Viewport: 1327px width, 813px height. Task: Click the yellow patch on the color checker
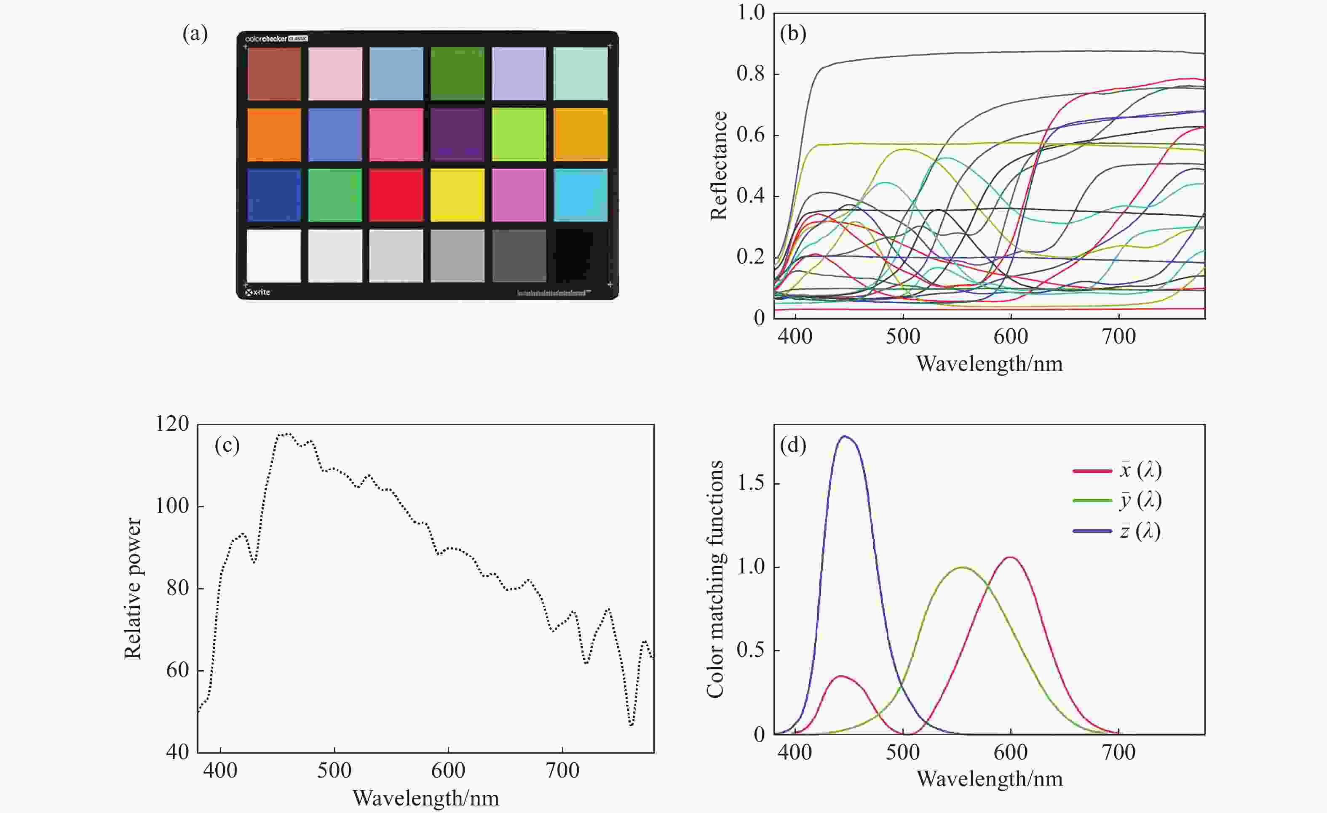pos(457,195)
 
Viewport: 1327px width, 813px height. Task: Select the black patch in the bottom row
pos(580,256)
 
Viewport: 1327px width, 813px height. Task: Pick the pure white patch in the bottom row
pos(273,256)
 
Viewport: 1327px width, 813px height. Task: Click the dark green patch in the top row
pos(457,74)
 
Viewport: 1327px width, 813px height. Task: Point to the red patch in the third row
pos(396,195)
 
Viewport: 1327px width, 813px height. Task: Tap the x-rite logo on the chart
pos(258,292)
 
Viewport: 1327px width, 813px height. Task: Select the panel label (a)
pos(195,35)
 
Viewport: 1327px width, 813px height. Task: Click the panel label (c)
pos(227,445)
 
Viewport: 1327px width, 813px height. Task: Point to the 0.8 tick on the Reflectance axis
pos(750,74)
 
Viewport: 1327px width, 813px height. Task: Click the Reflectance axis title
pos(718,166)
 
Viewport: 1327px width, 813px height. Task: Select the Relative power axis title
pos(132,588)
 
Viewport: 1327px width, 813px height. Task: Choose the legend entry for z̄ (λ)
pos(1118,531)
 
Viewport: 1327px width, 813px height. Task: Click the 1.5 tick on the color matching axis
pos(750,483)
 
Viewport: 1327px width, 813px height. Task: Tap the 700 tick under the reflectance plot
pos(1118,336)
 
